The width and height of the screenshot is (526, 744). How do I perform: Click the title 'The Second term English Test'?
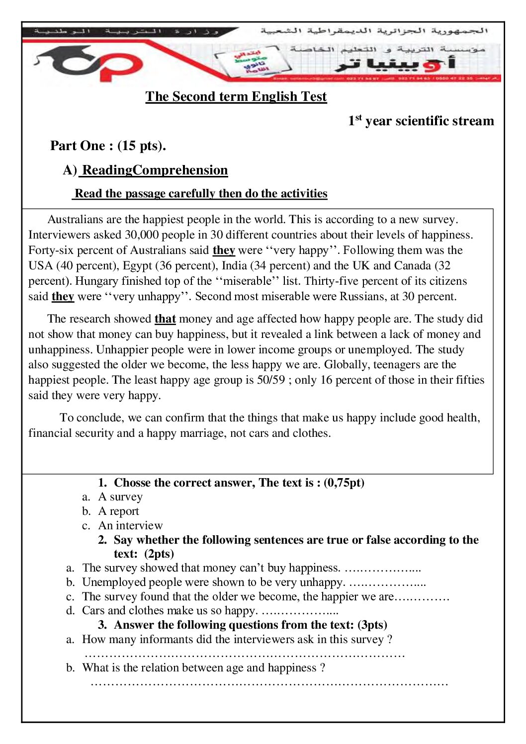(x=236, y=96)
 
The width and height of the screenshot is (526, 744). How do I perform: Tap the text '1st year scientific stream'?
(x=421, y=121)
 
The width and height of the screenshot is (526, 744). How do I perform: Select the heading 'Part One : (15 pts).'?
(x=108, y=146)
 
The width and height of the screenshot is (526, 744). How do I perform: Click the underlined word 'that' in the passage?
(x=165, y=319)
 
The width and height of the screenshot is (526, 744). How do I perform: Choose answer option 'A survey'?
(x=120, y=496)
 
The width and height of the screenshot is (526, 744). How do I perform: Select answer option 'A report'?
(x=118, y=511)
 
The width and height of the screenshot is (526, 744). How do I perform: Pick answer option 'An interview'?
(x=130, y=525)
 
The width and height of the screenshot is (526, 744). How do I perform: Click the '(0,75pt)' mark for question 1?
(x=344, y=483)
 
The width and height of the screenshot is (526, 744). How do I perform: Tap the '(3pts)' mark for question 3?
(x=372, y=625)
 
